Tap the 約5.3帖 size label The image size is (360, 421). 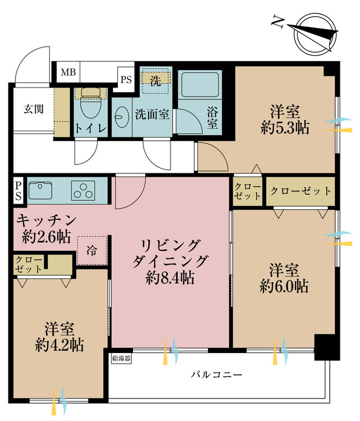click(x=285, y=127)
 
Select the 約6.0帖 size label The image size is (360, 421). click(x=284, y=286)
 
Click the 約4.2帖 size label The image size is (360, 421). click(x=61, y=344)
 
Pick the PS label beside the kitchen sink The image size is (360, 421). click(x=19, y=190)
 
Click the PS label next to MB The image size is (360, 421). click(x=126, y=79)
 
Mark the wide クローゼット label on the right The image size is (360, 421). click(x=301, y=191)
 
